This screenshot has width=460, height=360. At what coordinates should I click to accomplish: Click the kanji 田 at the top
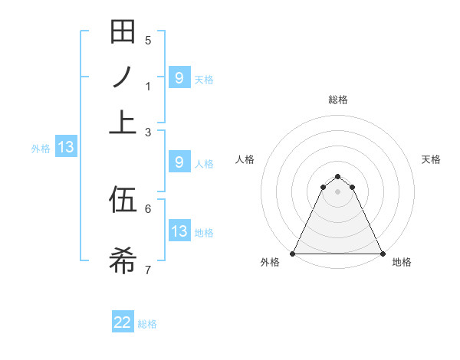[123, 33]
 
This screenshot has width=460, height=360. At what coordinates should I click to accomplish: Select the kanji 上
[123, 121]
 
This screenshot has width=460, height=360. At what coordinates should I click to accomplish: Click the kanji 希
[123, 260]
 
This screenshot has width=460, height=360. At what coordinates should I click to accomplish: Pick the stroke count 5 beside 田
[148, 41]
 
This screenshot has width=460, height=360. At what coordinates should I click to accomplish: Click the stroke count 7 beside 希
[148, 270]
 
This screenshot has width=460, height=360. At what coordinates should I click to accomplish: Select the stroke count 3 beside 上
[148, 133]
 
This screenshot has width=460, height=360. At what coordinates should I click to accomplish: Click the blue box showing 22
[123, 322]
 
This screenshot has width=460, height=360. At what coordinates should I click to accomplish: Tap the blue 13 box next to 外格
[65, 148]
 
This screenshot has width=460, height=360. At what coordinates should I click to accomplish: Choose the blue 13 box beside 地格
[179, 231]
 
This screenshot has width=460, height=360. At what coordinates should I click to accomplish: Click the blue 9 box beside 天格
[179, 77]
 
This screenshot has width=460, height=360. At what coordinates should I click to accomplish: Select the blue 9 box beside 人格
[179, 162]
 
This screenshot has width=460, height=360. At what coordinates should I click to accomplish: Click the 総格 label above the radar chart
[338, 100]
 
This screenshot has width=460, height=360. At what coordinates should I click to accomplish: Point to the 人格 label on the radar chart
[245, 159]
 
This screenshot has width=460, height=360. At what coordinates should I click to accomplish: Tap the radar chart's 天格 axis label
[431, 159]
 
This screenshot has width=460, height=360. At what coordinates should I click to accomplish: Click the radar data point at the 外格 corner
[294, 253]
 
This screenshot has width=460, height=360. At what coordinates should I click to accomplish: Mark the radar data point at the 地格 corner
[382, 253]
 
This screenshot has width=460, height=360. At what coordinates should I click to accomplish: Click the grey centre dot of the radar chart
[337, 191]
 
